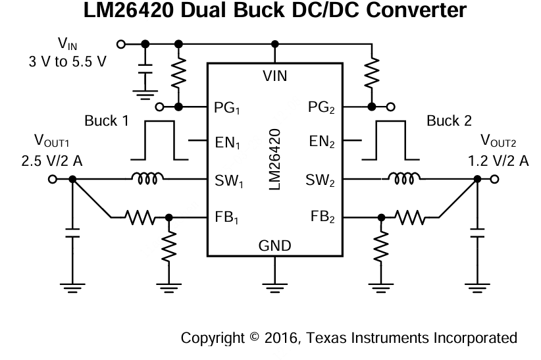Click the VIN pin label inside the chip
[x=274, y=76]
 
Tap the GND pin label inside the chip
[x=274, y=246]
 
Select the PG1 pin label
[x=227, y=107]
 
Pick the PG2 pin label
[x=321, y=107]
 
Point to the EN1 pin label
[x=227, y=141]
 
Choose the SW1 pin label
[x=228, y=179]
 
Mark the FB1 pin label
[x=227, y=217]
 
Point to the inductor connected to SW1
[x=148, y=178]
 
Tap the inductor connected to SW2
[x=402, y=178]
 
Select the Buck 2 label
[x=449, y=121]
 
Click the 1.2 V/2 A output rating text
[x=498, y=160]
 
